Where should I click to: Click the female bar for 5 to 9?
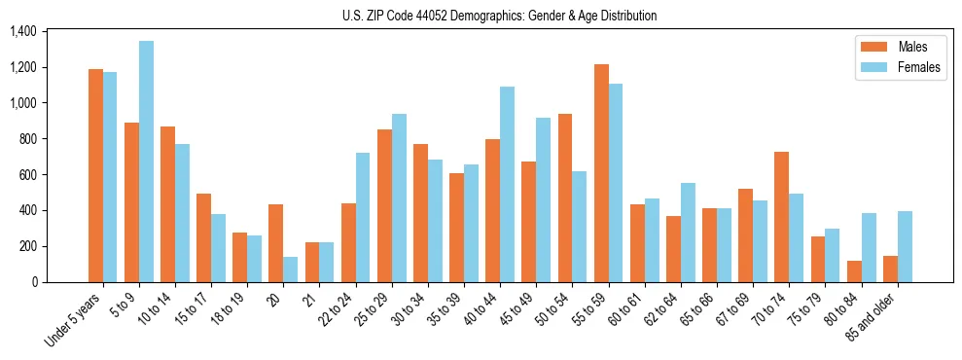(146, 162)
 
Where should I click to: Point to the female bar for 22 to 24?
(363, 218)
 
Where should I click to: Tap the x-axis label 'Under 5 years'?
(72, 322)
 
